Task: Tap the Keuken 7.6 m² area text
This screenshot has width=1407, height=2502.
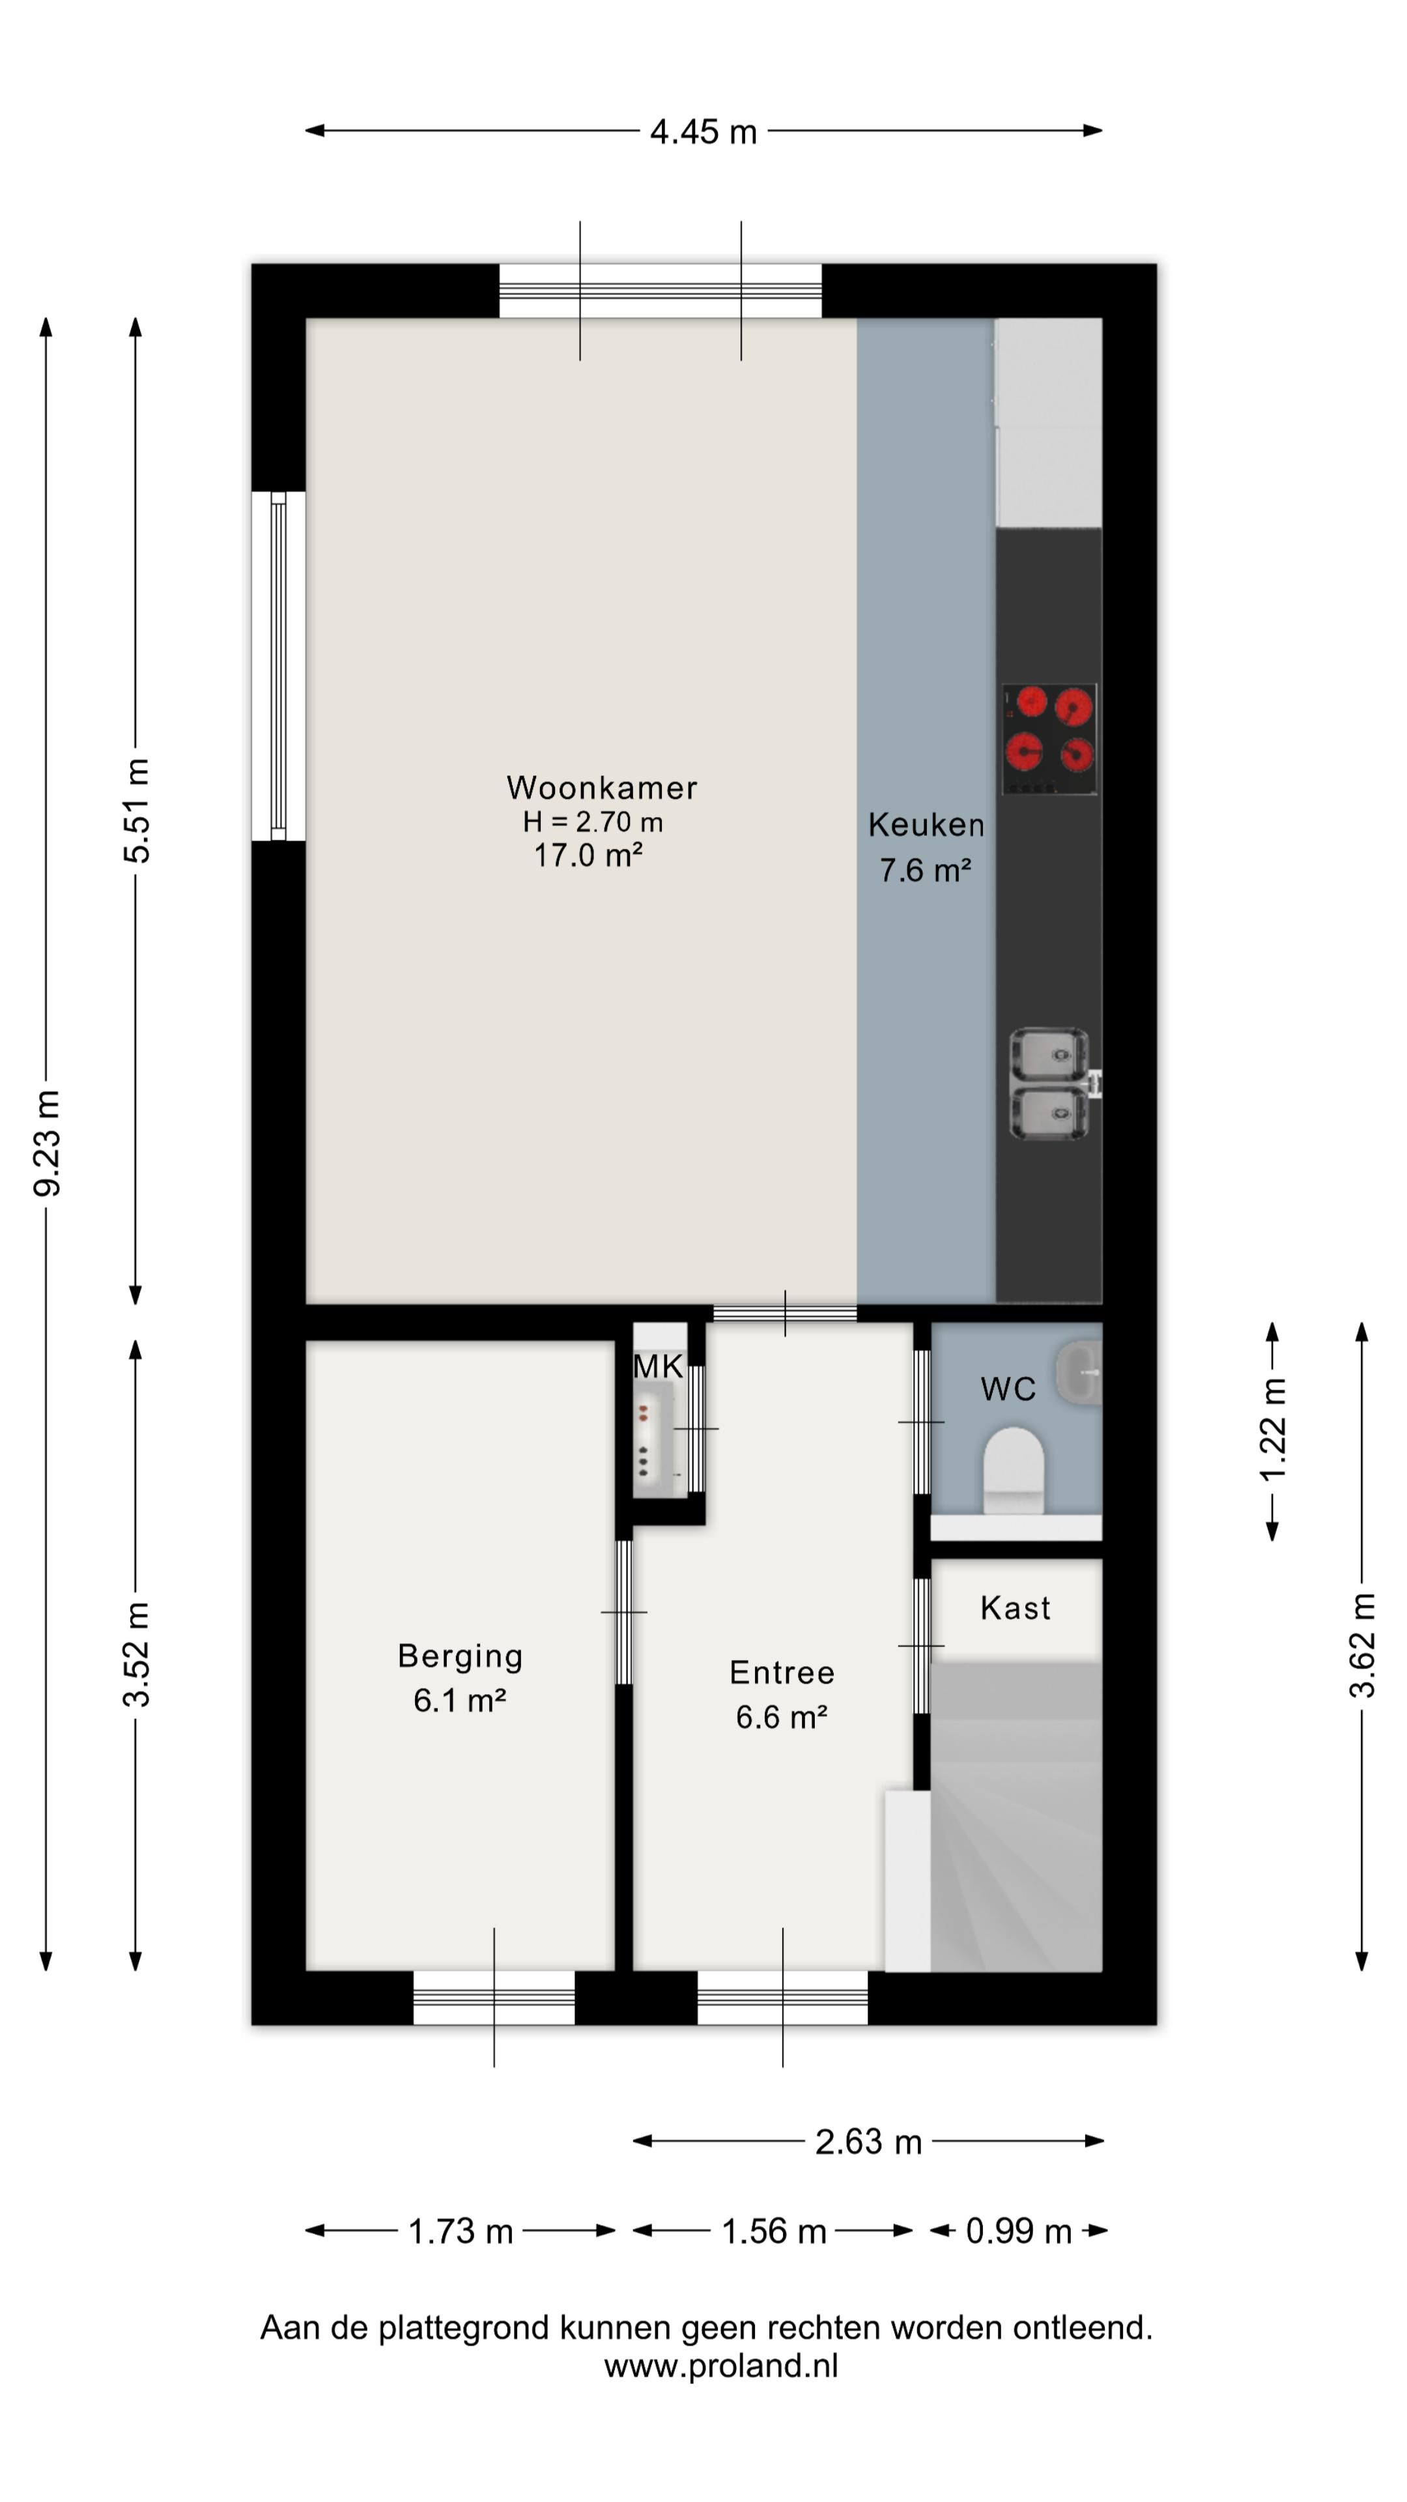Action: click(x=926, y=870)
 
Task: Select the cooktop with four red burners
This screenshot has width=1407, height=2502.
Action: click(x=1049, y=739)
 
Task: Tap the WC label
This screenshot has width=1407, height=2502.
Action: click(x=1008, y=1389)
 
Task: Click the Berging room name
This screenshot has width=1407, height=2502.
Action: click(x=461, y=1656)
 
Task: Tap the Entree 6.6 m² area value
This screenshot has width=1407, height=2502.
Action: click(x=782, y=1718)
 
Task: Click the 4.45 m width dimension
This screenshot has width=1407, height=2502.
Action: click(x=703, y=131)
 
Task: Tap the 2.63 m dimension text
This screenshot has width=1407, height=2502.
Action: click(x=868, y=2142)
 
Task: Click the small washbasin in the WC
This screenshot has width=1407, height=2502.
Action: click(x=1078, y=1372)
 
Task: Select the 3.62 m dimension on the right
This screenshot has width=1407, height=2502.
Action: click(x=1361, y=1645)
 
